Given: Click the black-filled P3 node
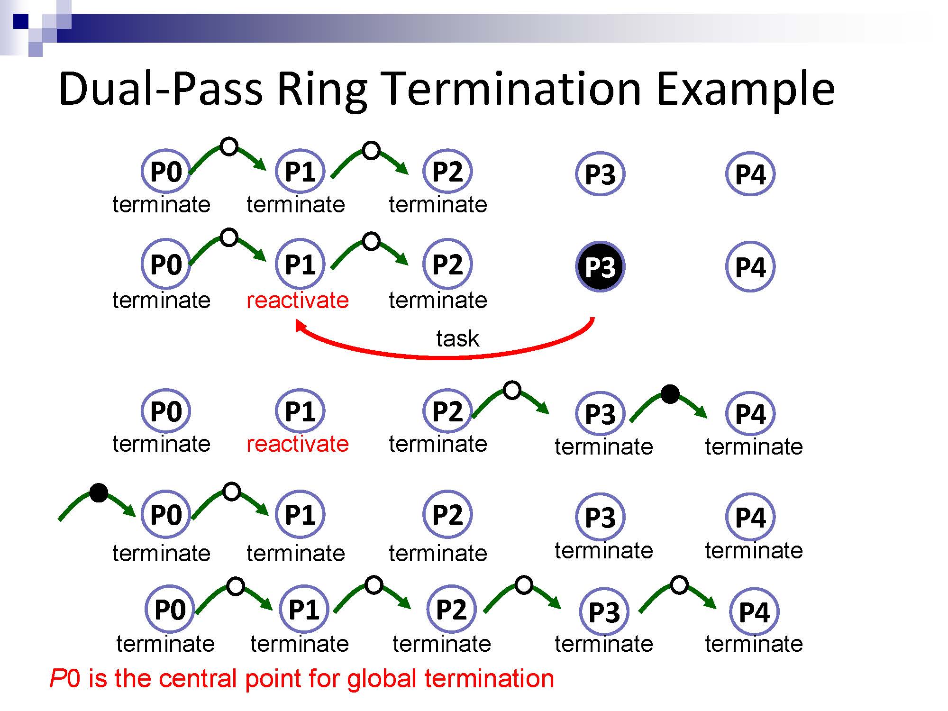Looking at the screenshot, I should [600, 266].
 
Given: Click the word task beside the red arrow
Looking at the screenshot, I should [457, 338].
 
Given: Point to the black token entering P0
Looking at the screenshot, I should [99, 492].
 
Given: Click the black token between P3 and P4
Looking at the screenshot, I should [670, 394].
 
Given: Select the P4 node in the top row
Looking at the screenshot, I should [750, 174].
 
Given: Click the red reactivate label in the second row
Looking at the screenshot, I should [298, 300].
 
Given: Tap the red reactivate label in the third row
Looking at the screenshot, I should [298, 444].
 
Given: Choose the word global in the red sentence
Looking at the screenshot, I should [382, 678].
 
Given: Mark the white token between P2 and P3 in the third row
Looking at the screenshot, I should [512, 391].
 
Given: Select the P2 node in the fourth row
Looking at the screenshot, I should [447, 514].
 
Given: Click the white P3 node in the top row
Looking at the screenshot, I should [600, 174].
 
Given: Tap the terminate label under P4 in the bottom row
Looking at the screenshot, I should [754, 644].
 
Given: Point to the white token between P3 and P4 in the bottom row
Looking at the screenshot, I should [679, 585].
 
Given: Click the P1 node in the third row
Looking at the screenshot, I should [300, 411].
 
